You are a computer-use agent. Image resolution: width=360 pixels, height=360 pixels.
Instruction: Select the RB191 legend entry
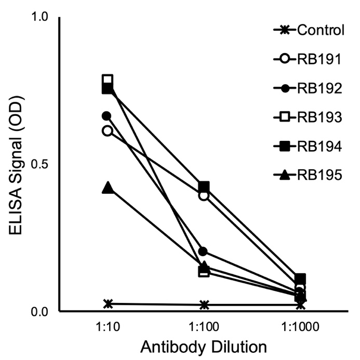309,60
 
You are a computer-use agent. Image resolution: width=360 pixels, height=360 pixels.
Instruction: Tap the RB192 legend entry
309,89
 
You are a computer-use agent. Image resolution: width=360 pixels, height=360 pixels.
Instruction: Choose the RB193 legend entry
309,118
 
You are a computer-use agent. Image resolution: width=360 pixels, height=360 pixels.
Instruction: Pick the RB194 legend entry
309,147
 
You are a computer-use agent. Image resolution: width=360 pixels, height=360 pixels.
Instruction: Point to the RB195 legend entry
309,176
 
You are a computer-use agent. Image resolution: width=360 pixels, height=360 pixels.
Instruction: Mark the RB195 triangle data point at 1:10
108,188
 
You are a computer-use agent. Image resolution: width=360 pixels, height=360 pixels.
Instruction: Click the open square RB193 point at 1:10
108,80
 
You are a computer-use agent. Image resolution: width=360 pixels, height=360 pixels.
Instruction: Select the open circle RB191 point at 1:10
108,130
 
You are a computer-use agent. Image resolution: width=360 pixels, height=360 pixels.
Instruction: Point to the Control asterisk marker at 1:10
108,303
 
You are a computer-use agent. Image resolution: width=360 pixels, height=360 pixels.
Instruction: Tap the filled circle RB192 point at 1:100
204,252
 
